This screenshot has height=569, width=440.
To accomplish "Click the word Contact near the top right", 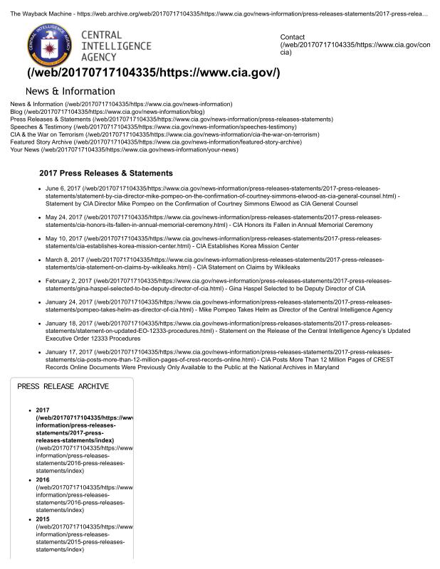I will (x=293, y=37).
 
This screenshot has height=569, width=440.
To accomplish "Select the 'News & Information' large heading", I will (x=70, y=91).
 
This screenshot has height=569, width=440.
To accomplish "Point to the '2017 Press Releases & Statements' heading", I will (x=106, y=173).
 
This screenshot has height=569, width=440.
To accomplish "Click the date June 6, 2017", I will (x=63, y=188).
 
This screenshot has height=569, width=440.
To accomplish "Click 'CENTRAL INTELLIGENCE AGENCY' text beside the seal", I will (x=115, y=46).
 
